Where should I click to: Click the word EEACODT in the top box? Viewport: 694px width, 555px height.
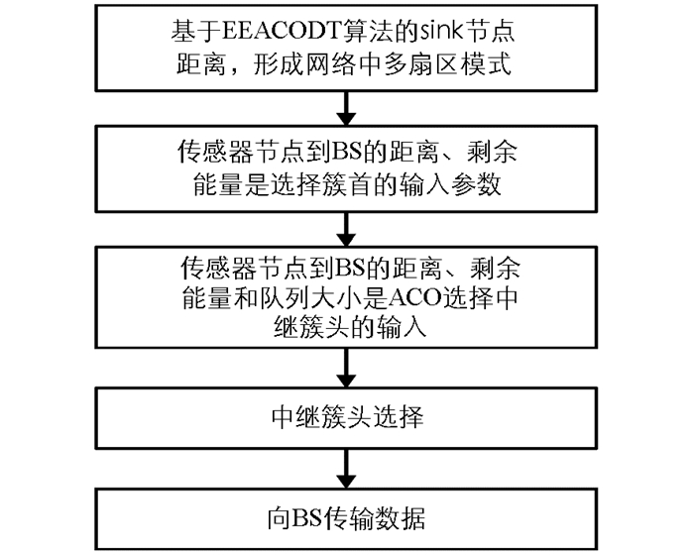pos(282,32)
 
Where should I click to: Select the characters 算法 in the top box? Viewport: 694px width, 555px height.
pos(368,31)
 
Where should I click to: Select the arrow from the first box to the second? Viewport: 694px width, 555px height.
pos(346,108)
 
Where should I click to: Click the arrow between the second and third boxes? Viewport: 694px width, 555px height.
pos(346,229)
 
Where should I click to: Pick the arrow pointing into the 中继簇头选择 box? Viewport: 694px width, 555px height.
pos(346,368)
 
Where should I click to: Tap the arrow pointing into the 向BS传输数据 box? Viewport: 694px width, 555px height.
pos(346,469)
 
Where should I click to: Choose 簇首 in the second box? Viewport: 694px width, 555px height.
pos(343,184)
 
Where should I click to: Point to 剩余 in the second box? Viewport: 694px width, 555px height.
pos(492,152)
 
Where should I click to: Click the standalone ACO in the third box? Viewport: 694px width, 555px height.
pos(416,298)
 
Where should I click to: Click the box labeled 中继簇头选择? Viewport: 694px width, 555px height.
pos(346,418)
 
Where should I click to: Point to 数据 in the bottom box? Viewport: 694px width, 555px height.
pos(401,518)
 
